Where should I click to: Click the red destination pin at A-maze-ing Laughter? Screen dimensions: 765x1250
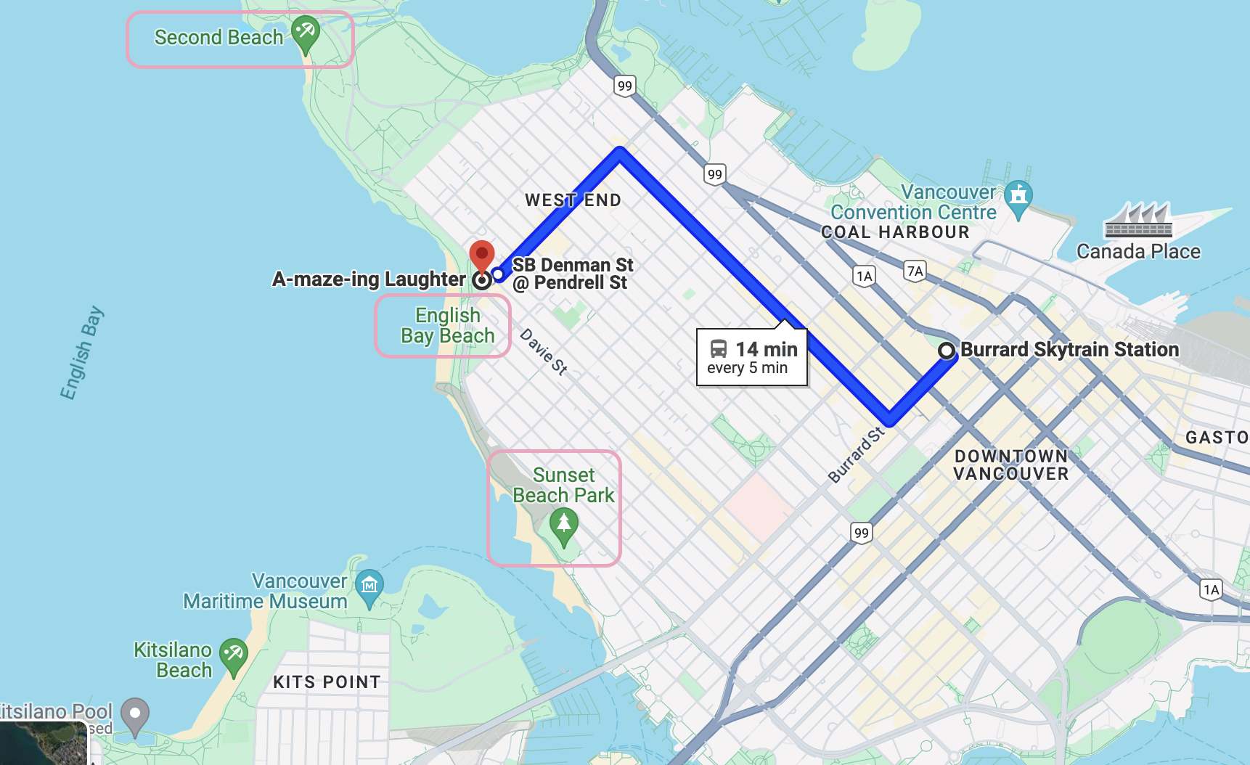coord(482,256)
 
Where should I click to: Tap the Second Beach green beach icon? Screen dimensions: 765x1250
coord(306,33)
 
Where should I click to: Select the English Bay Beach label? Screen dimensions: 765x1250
coord(447,326)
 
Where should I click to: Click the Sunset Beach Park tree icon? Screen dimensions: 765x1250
coord(564,524)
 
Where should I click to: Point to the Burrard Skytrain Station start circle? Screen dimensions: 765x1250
coord(947,351)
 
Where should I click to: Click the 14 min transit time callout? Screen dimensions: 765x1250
coord(752,357)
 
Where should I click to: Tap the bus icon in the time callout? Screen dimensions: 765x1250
coord(718,349)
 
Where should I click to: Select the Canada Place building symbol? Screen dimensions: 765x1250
coord(1138,221)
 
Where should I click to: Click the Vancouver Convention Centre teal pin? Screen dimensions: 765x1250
coord(1018,196)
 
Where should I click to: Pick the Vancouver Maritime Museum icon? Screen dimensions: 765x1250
coord(369,585)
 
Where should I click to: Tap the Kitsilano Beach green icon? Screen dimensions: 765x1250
coord(234,654)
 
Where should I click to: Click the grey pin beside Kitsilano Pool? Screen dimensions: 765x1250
coord(135,715)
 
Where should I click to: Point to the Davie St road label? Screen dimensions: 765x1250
coord(544,352)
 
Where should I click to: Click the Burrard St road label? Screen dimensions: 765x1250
coord(857,455)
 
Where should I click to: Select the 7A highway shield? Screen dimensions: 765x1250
coord(915,271)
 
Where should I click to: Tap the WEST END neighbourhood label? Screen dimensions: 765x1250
coord(573,200)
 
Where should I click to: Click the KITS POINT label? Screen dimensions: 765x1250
coord(327,682)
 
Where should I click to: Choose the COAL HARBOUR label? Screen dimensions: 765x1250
coord(895,232)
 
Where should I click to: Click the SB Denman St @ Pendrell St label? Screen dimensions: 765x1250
coord(572,274)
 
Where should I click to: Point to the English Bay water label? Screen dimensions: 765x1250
coord(81,353)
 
